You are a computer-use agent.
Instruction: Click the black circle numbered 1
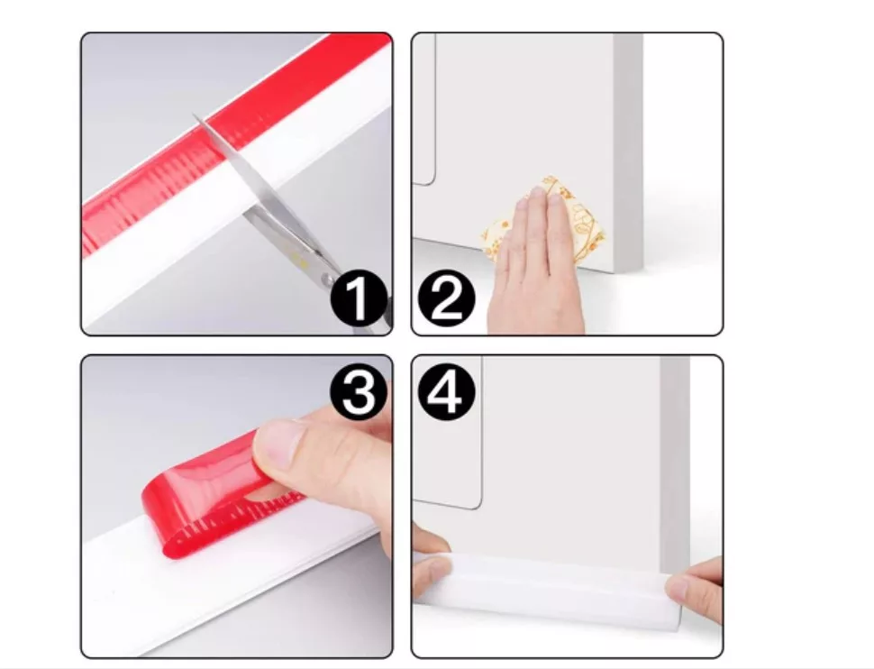point(359,299)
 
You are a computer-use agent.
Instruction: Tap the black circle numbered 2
point(446,299)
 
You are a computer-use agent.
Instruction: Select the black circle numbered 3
point(359,392)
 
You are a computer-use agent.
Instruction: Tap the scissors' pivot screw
point(330,279)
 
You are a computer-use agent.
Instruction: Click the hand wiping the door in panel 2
point(534,262)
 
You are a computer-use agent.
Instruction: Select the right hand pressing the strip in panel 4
point(696,589)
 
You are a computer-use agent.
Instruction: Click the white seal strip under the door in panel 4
point(549,586)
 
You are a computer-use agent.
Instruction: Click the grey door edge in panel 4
point(675,463)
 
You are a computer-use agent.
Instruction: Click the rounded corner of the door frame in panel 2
point(431,179)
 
